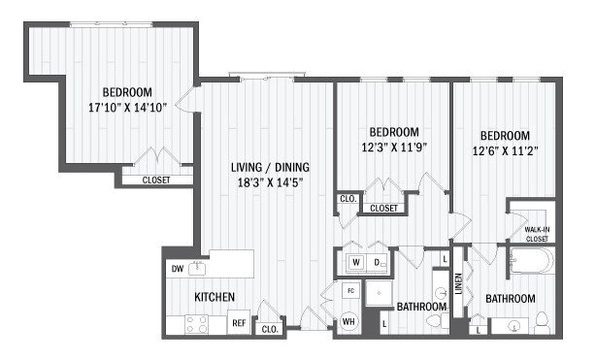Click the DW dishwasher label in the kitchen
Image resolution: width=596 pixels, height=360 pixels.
[177, 269]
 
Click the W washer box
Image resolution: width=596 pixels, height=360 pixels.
[356, 262]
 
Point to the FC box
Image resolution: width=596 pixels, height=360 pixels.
[349, 290]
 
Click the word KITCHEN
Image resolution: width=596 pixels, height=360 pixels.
[213, 297]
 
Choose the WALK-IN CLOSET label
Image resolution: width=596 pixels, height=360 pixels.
[536, 233]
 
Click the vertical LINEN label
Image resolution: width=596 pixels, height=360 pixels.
[459, 288]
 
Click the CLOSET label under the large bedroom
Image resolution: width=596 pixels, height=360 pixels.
[157, 180]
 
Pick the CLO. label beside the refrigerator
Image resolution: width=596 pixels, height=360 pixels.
[269, 329]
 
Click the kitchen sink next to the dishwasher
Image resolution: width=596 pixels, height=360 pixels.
[200, 266]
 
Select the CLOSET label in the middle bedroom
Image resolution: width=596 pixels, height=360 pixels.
[383, 208]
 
